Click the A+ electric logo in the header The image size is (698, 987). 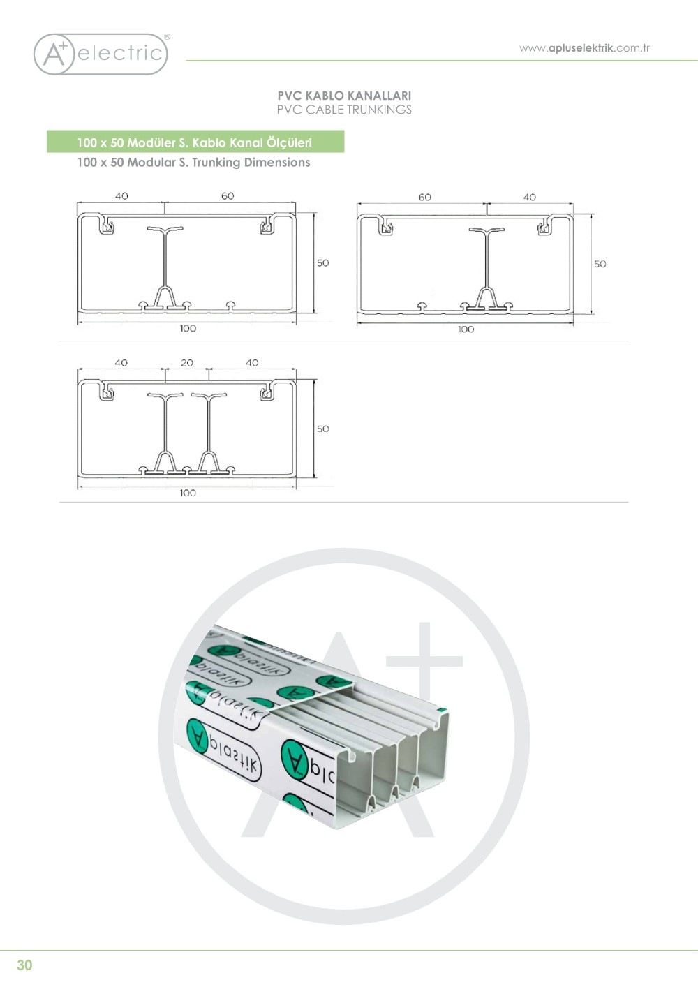click(x=101, y=54)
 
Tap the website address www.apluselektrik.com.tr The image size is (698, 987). click(x=584, y=48)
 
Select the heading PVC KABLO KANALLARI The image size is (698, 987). click(x=344, y=96)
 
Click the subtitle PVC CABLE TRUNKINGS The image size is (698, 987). click(x=344, y=110)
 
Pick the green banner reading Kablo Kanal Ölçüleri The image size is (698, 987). click(x=195, y=142)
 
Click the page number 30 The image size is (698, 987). click(x=24, y=965)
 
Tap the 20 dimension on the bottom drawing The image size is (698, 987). click(x=187, y=363)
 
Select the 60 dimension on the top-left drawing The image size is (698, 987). click(x=228, y=196)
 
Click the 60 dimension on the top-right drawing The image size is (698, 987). click(x=424, y=198)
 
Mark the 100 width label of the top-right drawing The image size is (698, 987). click(x=466, y=329)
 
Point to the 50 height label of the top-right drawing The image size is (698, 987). click(x=600, y=264)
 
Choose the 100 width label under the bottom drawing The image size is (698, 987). click(x=188, y=493)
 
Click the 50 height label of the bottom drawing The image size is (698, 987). click(x=322, y=429)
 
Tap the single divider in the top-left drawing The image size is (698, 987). click(x=165, y=265)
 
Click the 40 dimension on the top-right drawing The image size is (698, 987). click(x=530, y=198)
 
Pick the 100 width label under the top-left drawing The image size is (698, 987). click(x=188, y=329)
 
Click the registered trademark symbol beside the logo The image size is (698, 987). click(x=167, y=37)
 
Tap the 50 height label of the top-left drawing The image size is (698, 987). click(x=322, y=263)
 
